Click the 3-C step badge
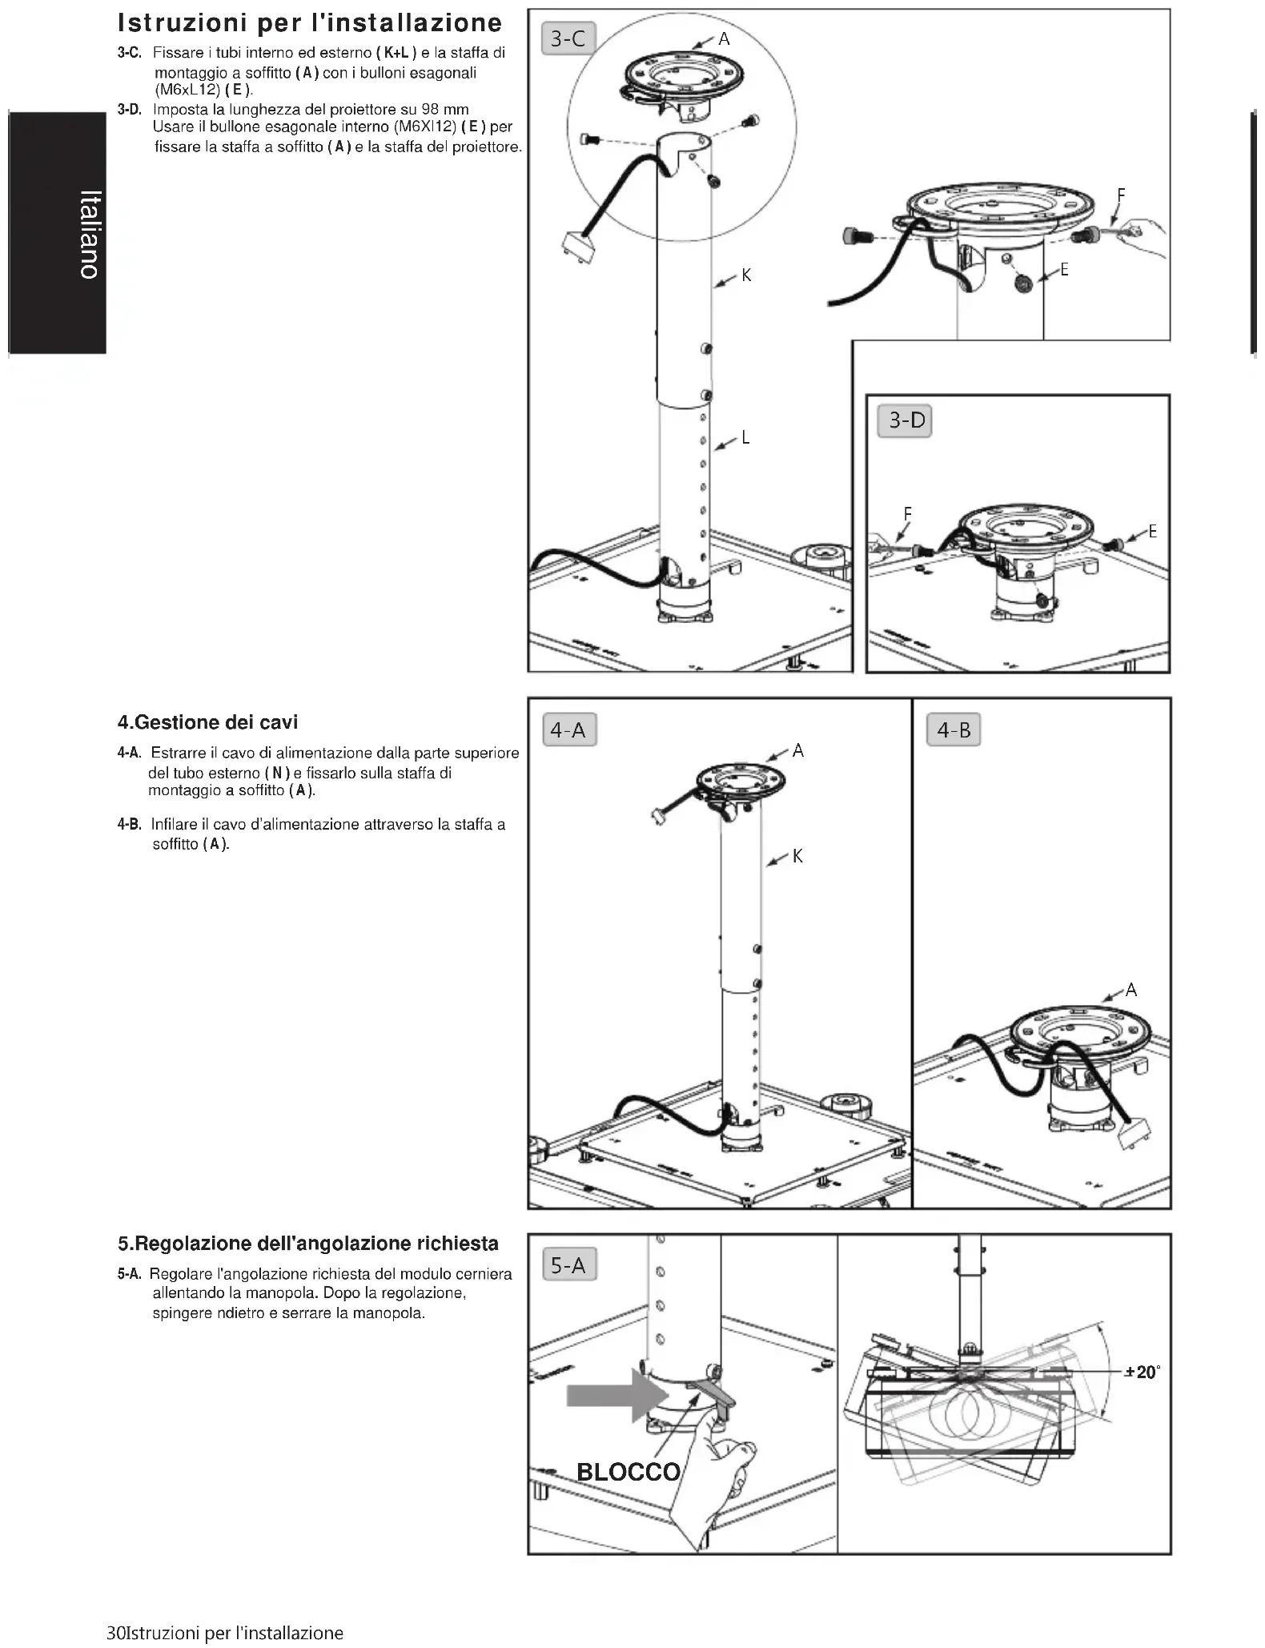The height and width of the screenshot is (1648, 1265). (568, 38)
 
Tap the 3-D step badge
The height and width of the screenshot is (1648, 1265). (906, 420)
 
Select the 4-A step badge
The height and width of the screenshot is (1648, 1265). (568, 730)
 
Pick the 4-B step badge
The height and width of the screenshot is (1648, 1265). (954, 730)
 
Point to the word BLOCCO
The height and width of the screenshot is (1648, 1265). (628, 1472)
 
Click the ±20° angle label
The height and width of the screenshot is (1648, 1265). (1142, 1372)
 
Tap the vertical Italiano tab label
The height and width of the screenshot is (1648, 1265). (90, 235)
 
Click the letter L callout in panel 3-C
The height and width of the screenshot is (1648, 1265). (745, 437)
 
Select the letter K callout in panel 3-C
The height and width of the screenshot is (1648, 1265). (746, 275)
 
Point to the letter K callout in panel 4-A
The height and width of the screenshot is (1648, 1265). (797, 856)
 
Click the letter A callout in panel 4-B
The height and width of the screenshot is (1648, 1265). (1131, 990)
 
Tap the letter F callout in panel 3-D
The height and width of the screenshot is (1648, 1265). (907, 513)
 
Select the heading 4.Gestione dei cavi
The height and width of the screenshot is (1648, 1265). (207, 722)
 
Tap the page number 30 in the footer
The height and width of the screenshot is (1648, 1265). (116, 1633)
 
